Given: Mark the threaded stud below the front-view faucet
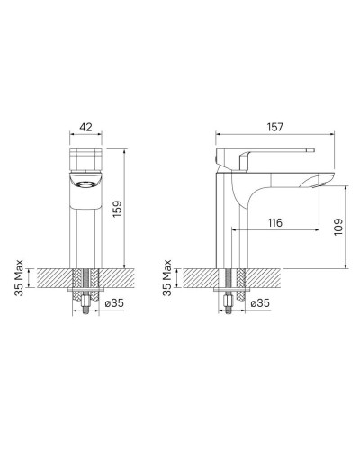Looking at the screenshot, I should pos(86,310).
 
